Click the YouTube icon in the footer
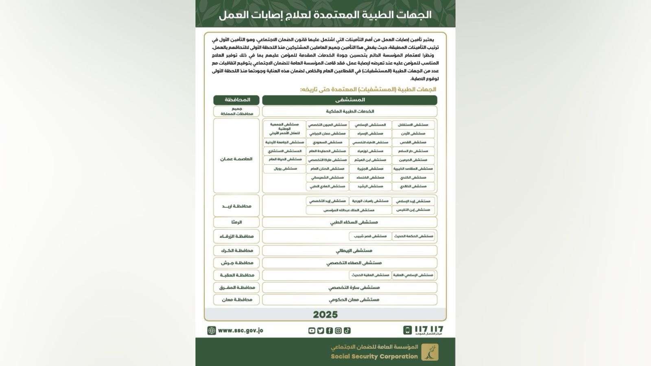coord(312,331)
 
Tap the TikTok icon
coord(347,331)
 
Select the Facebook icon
coord(329,331)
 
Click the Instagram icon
coord(338,331)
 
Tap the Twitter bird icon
coord(321,331)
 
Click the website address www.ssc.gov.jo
coord(240,330)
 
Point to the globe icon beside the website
coord(212,330)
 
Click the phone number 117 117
coord(429,329)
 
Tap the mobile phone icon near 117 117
coord(407,330)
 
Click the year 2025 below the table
coord(325,314)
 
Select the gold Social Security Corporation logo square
coord(430,352)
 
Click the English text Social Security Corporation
coord(374,356)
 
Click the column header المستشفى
coord(350,100)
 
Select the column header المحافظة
coord(237,100)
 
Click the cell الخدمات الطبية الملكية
coord(350,111)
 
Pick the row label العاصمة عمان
coord(236,159)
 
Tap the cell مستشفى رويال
coord(285,168)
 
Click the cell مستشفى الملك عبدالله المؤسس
coord(348,210)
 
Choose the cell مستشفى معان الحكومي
coord(354,300)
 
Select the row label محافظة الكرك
coord(237,251)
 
